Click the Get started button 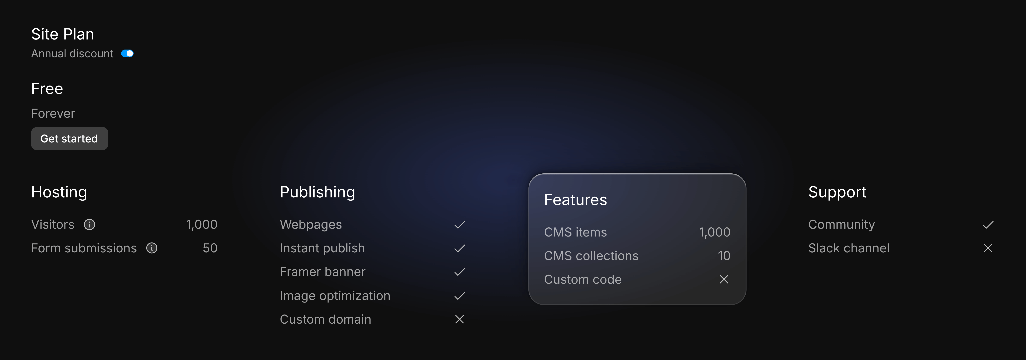[x=69, y=139]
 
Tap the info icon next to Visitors [x=90, y=225]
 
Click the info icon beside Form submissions [x=152, y=248]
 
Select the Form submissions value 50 [x=210, y=248]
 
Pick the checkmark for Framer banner [x=460, y=272]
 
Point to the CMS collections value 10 [x=724, y=256]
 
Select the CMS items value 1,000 [x=715, y=232]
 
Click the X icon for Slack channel [x=988, y=248]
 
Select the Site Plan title [x=63, y=34]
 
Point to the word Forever [x=53, y=113]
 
